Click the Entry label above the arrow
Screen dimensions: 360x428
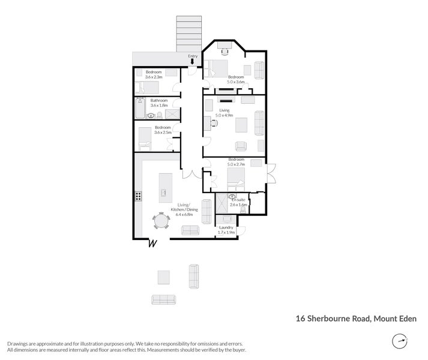pyautogui.click(x=193, y=56)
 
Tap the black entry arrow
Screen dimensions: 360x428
pyautogui.click(x=192, y=62)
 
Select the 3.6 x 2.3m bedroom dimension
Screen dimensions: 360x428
pyautogui.click(x=154, y=76)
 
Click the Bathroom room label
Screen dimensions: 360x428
pyautogui.click(x=159, y=100)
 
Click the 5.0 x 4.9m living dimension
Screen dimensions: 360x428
pyautogui.click(x=225, y=115)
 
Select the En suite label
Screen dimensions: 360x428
pyautogui.click(x=238, y=199)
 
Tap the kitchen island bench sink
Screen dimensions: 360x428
pyautogui.click(x=163, y=193)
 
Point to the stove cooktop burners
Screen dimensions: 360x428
pyautogui.click(x=138, y=196)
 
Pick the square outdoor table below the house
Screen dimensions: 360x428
pyautogui.click(x=164, y=277)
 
